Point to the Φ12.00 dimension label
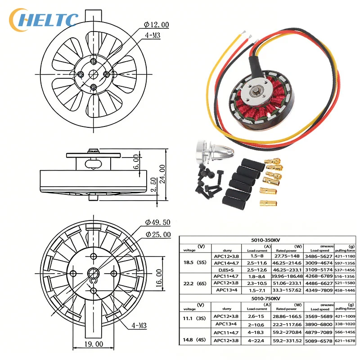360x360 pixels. tap(156, 25)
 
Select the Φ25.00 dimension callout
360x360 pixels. tap(158, 234)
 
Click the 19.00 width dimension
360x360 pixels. tap(94, 344)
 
